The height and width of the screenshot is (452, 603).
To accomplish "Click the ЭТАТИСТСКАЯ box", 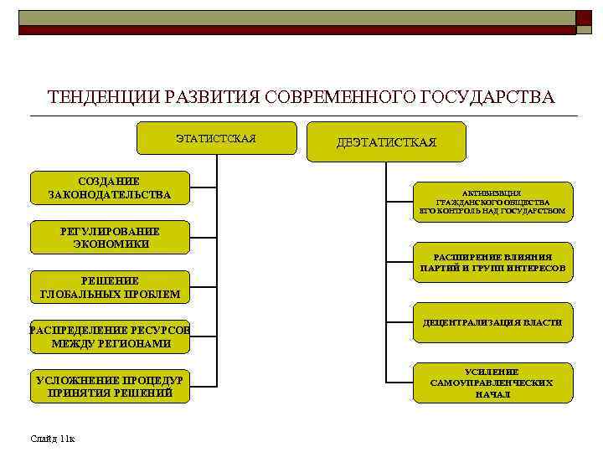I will click(216, 138).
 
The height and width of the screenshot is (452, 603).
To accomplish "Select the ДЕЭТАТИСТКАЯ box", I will click(386, 142).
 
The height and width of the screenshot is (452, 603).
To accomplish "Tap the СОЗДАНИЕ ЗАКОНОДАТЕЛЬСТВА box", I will click(110, 188).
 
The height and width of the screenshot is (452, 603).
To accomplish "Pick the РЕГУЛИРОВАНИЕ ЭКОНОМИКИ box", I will click(110, 237).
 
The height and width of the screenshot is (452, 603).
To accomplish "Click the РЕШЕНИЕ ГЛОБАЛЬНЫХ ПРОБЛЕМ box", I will click(110, 287).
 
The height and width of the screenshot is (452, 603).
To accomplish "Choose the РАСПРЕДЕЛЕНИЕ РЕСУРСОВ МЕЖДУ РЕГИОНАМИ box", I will click(110, 336).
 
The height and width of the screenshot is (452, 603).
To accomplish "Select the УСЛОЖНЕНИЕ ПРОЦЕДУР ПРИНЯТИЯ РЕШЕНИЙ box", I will click(110, 386).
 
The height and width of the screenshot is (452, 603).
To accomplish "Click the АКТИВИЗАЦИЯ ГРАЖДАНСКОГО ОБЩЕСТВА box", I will click(492, 202).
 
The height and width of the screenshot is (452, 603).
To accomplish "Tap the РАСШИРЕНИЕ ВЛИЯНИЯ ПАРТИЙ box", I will click(492, 262).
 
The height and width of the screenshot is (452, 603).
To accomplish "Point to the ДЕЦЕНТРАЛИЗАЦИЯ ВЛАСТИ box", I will click(492, 322).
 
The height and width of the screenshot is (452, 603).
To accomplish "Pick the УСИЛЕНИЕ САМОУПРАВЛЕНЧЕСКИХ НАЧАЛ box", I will click(492, 383).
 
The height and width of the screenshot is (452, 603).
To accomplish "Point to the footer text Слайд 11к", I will click(52, 438).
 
